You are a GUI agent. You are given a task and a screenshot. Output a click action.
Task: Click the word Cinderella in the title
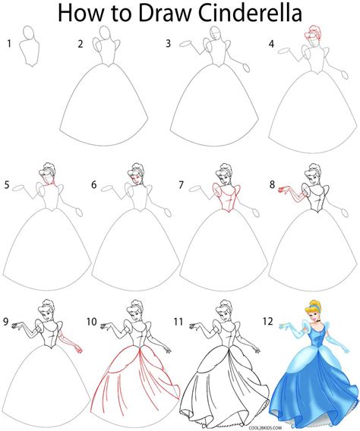250,13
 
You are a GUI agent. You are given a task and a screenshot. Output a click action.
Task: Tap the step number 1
9,43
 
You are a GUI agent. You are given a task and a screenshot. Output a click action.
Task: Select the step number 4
271,44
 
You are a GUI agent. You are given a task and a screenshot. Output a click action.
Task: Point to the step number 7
181,184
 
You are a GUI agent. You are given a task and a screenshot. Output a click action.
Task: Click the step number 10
92,321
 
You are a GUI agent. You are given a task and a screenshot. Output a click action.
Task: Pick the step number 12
267,321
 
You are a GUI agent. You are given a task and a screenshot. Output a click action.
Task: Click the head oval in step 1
29,33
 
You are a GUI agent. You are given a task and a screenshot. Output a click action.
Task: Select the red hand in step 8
282,190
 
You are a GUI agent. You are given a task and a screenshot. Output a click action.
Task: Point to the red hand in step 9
80,349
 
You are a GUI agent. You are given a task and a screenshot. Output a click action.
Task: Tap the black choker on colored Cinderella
318,321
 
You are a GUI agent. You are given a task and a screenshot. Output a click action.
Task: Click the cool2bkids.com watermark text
265,428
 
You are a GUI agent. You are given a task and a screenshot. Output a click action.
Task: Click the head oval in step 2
105,33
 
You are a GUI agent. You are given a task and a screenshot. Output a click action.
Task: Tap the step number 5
7,185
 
